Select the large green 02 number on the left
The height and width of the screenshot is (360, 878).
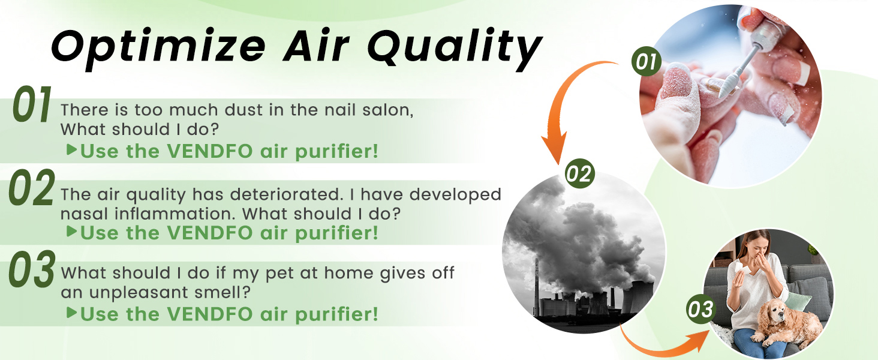32,190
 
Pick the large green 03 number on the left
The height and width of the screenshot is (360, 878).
32,271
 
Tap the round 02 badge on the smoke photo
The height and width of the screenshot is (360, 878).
579,173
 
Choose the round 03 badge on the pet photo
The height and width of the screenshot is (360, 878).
700,310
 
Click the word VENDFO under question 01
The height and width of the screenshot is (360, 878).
214,151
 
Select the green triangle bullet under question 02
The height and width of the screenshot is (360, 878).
71,232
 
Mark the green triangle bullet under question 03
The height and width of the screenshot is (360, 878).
71,313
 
